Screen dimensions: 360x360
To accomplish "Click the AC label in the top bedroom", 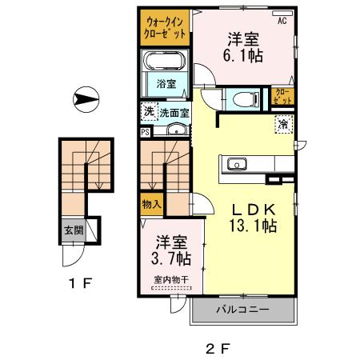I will [x=282, y=22].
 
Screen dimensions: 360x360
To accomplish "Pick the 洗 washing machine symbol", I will [x=148, y=112].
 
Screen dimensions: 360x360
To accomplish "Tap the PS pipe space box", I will [x=145, y=133].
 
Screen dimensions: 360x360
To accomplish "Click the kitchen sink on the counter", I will [x=238, y=165].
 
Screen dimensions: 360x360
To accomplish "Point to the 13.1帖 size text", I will [x=250, y=226].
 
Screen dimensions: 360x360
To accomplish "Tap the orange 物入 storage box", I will [x=152, y=205].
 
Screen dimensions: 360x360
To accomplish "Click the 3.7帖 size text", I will [x=172, y=258].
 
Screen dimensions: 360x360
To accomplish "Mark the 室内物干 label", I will [x=172, y=279].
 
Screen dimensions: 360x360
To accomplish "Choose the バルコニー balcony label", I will [x=241, y=309].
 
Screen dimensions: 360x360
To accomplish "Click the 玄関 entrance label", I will [x=74, y=233].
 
